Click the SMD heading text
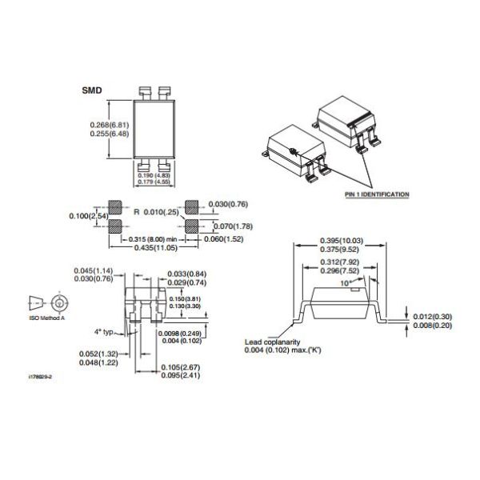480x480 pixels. [92, 91]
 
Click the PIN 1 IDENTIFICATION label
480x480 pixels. [377, 194]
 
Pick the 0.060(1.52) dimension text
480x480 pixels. [226, 238]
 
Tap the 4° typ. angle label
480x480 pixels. [105, 331]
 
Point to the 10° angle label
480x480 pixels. [346, 282]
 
